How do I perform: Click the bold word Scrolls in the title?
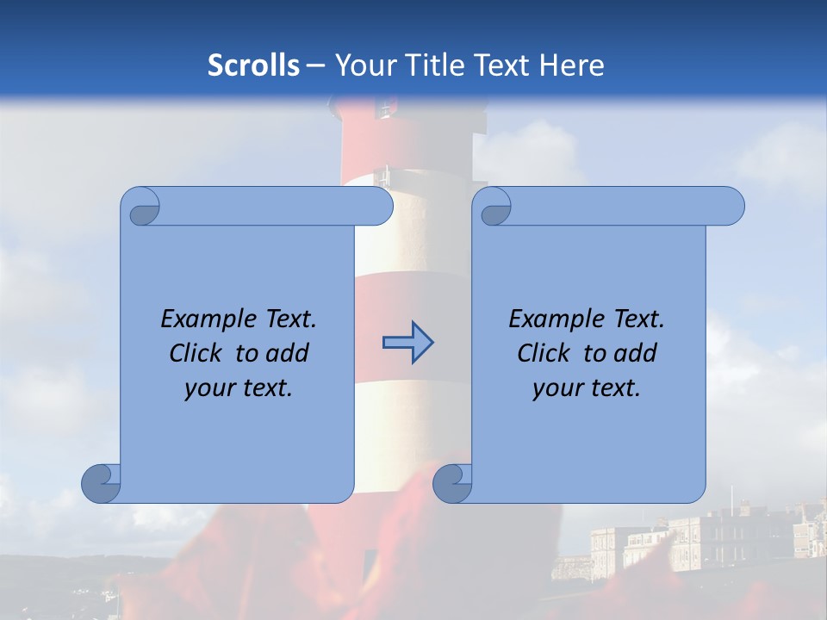(254, 65)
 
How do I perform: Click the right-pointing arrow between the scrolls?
(407, 344)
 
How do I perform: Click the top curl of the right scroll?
(494, 206)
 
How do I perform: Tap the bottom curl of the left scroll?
(101, 483)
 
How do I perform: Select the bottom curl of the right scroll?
(452, 483)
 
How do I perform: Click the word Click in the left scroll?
(194, 354)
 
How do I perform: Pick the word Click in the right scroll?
(542, 354)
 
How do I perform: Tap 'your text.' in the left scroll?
(239, 388)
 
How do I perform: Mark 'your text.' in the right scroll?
(587, 388)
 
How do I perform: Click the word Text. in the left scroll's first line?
(287, 319)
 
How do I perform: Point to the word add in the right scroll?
(635, 354)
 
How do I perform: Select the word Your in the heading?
(359, 65)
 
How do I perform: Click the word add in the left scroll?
(287, 354)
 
